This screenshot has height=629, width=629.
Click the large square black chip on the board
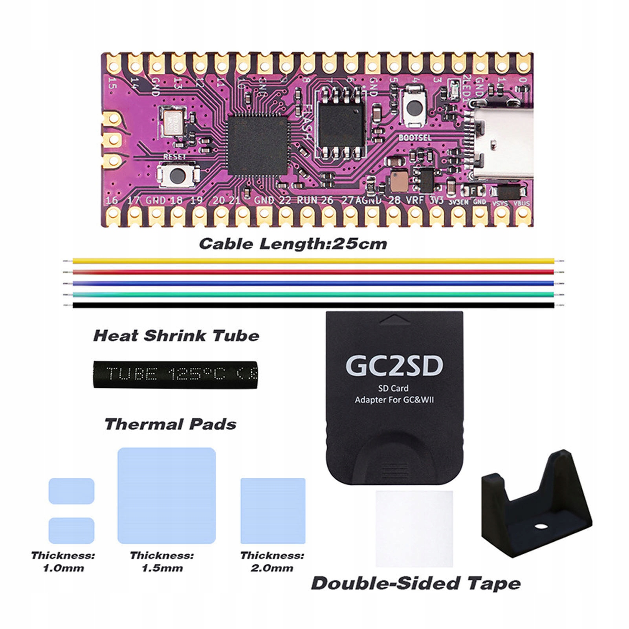coord(257,145)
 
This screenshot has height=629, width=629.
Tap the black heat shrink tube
coord(176,374)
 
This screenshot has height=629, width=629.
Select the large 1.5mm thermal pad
coord(167,495)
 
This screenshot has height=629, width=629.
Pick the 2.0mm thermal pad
coord(273,510)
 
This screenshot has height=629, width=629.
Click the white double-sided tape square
coord(414,528)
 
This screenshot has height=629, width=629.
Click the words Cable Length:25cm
coord(293,244)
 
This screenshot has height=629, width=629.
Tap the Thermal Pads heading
coord(171,424)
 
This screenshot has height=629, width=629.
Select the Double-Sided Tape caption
coord(416,583)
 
